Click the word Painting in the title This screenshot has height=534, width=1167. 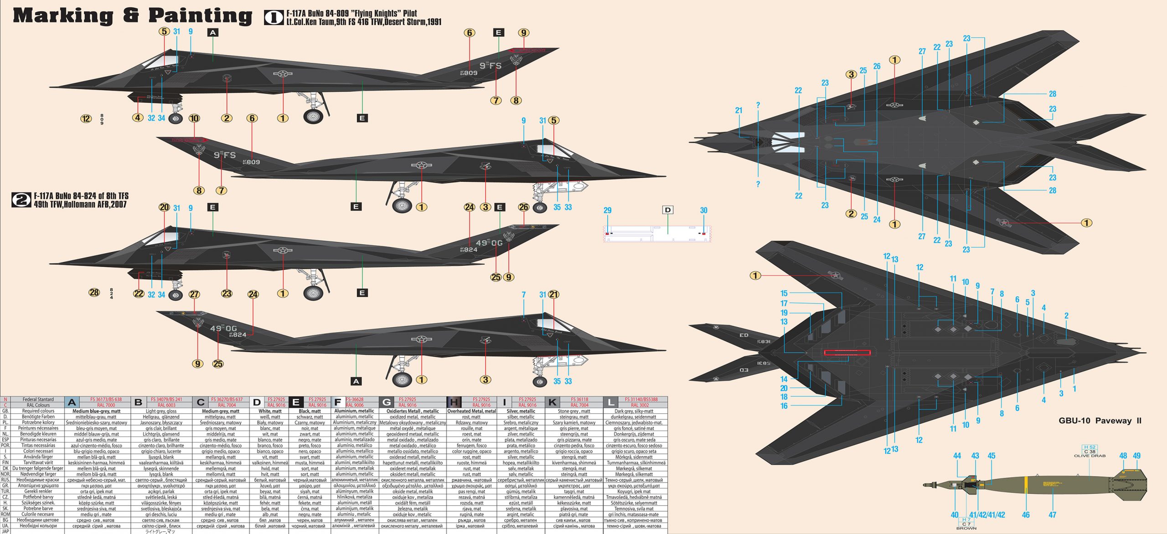click(x=200, y=16)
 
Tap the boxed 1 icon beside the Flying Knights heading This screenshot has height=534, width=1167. click(x=274, y=17)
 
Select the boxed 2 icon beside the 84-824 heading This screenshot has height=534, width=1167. click(x=21, y=200)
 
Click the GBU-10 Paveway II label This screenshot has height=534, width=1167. click(x=1100, y=421)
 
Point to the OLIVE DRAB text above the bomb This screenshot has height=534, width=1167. click(x=1090, y=456)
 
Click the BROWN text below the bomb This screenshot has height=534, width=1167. click(x=966, y=528)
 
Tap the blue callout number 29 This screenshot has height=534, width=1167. click(x=607, y=211)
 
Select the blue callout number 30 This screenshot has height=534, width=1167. click(x=703, y=211)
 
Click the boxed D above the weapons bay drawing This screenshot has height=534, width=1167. click(x=668, y=210)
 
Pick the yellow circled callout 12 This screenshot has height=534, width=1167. click(x=86, y=119)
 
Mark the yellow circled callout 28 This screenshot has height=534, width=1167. click(x=94, y=293)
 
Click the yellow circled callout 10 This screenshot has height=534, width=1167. click(x=194, y=118)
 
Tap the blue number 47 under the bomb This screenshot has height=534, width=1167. click(x=1052, y=515)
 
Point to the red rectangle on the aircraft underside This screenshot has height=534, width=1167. click(x=847, y=353)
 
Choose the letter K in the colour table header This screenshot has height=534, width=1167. click(x=552, y=402)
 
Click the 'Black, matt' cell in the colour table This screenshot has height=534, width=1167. click(x=310, y=411)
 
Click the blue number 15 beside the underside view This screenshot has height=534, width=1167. click(x=784, y=293)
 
